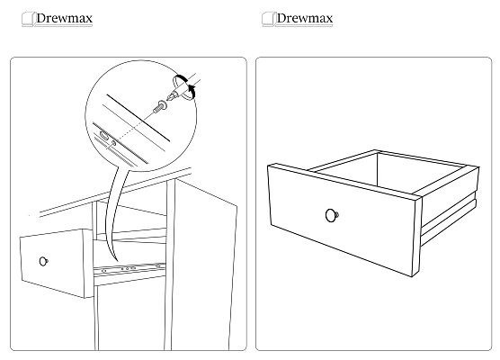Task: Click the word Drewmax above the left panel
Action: (65, 18)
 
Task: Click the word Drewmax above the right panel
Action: (305, 18)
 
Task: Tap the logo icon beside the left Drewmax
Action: (28, 19)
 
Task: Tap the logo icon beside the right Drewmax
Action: (268, 19)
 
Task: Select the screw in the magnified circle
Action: (160, 106)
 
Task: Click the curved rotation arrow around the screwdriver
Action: (185, 86)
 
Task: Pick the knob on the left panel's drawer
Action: (44, 261)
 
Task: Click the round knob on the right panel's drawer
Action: (332, 215)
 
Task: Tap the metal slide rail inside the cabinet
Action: (130, 268)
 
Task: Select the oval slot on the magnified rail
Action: (104, 136)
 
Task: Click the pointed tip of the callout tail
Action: (117, 261)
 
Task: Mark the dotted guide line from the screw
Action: (135, 126)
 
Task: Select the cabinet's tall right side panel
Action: (203, 265)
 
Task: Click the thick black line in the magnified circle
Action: (138, 117)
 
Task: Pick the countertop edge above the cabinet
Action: (115, 192)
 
